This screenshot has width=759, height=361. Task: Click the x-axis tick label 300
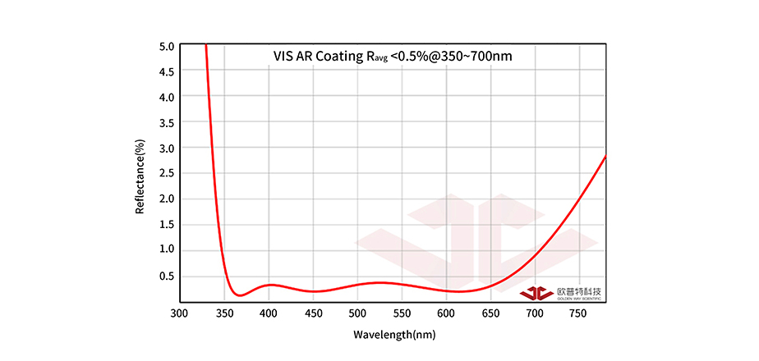click(179, 313)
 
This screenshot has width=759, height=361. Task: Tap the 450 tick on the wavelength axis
click(312, 313)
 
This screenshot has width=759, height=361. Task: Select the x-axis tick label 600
click(446, 313)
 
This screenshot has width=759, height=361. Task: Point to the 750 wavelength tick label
click(580, 313)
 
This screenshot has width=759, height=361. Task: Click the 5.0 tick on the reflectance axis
click(167, 46)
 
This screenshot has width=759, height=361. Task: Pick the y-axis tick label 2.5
click(167, 173)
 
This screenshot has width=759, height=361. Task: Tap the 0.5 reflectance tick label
click(167, 275)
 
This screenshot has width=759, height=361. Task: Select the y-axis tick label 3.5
click(167, 122)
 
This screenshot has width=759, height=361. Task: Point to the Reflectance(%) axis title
click(140, 176)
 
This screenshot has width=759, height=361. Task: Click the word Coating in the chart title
click(333, 57)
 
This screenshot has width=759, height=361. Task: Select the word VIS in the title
click(284, 57)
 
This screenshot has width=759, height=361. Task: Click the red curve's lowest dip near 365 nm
click(237, 295)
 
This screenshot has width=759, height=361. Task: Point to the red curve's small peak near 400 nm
click(269, 285)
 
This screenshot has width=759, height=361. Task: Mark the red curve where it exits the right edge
click(605, 156)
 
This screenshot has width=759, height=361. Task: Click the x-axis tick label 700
click(535, 313)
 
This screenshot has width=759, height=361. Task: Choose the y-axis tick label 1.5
click(167, 224)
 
